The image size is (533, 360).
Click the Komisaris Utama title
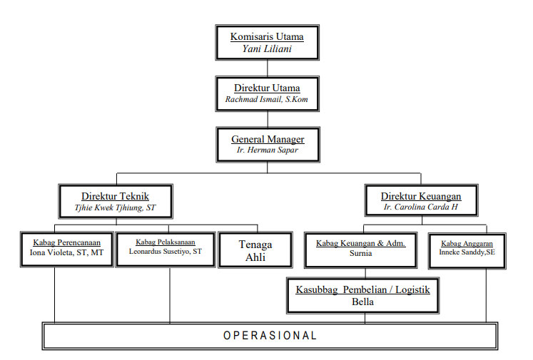(x=267, y=36)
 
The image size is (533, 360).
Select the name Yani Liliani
(x=267, y=49)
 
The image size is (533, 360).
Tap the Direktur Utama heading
(x=267, y=88)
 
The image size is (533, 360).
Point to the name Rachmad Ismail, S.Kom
(x=267, y=100)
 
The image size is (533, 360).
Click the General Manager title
(x=268, y=140)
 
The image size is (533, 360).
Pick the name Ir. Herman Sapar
(x=268, y=151)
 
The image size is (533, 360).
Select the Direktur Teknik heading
(x=115, y=196)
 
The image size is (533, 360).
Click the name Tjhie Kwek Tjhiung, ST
(x=115, y=208)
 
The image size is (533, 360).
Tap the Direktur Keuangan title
(x=420, y=196)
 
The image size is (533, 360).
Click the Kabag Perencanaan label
(x=66, y=242)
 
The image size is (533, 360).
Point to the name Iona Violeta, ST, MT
(x=66, y=252)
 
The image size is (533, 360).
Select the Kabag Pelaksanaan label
(x=165, y=242)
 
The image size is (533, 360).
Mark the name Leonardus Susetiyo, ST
(x=165, y=252)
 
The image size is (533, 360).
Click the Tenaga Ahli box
(x=255, y=250)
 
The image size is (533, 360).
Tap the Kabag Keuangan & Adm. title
(x=360, y=243)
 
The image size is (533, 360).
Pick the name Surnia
(x=360, y=253)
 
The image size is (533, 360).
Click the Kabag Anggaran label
(x=467, y=243)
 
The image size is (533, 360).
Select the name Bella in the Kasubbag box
(x=363, y=302)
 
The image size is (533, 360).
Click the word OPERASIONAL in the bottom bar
(x=270, y=335)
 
